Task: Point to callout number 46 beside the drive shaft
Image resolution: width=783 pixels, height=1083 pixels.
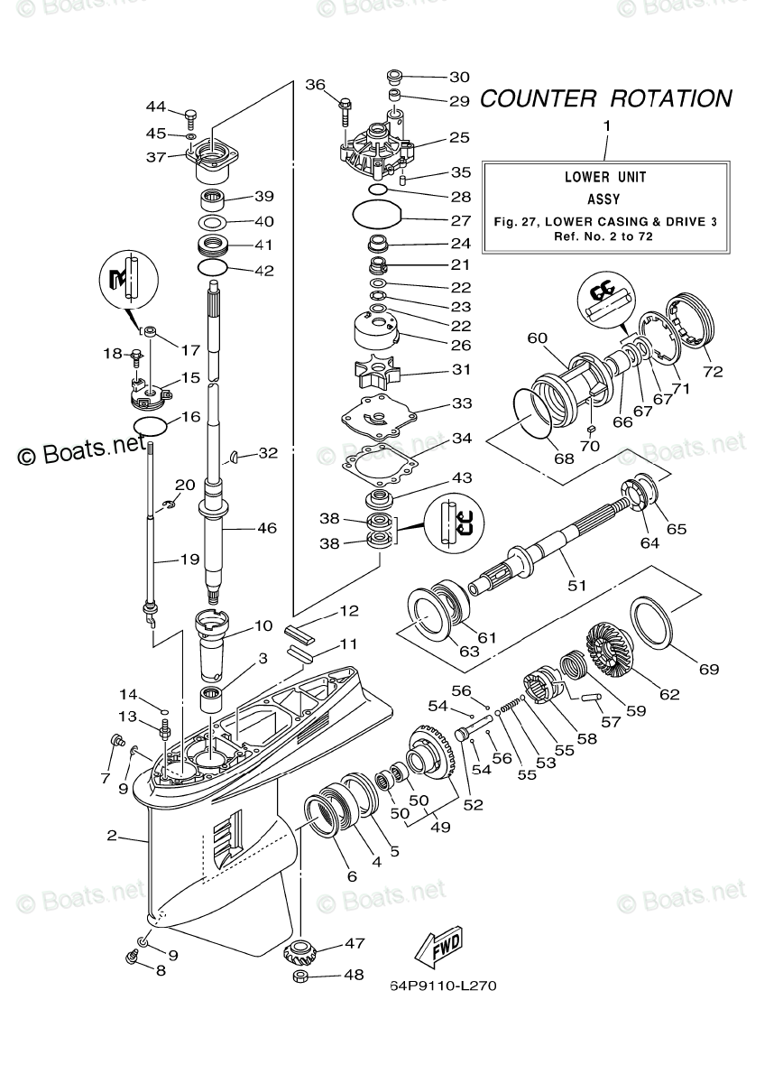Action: click(267, 529)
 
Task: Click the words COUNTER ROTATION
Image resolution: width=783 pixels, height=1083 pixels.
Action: click(606, 98)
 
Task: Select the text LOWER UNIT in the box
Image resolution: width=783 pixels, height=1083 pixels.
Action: click(605, 178)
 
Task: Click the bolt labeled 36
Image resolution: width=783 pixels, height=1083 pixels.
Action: click(345, 112)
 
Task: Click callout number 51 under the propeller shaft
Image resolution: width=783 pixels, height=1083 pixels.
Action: click(576, 586)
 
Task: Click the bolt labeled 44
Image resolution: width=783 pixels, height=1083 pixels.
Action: click(191, 119)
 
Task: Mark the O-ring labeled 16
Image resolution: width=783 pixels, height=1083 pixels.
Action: click(151, 426)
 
